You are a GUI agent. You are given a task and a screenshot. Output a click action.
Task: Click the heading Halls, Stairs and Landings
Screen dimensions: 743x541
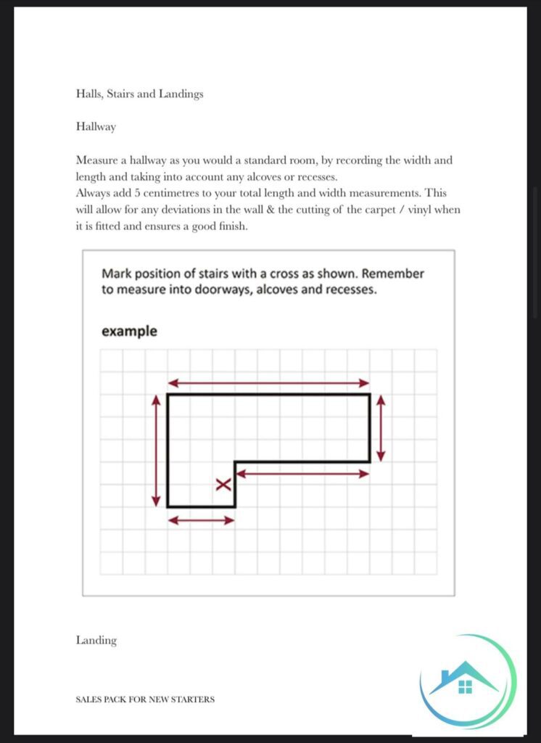(x=139, y=94)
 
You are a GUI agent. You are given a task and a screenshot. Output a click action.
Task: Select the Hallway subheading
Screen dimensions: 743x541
(x=96, y=126)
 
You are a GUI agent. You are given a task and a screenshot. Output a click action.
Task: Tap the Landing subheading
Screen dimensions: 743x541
(x=96, y=640)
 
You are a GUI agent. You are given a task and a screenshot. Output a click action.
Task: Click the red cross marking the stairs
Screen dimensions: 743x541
(x=223, y=485)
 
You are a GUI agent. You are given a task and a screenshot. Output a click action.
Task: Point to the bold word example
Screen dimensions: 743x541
(x=129, y=332)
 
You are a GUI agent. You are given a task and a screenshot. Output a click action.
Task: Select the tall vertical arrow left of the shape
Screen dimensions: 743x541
(x=155, y=451)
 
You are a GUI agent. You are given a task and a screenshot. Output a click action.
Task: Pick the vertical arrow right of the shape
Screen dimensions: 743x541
(x=381, y=428)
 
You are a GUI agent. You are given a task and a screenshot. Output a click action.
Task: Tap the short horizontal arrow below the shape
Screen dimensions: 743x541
(x=201, y=520)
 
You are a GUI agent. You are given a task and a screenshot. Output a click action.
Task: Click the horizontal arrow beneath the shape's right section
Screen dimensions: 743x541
(x=302, y=474)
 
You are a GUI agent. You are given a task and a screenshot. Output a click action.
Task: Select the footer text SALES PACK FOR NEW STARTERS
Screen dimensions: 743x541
(x=145, y=699)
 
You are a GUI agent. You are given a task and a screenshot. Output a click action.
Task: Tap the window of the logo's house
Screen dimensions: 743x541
(x=465, y=686)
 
